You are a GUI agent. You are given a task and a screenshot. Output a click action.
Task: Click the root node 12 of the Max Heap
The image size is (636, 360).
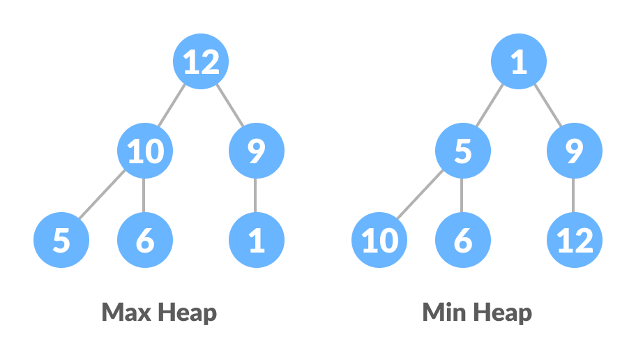(x=201, y=63)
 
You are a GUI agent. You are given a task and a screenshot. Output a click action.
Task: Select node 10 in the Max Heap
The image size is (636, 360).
(x=145, y=151)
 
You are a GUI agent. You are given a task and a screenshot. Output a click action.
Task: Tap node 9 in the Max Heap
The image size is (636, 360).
(x=257, y=151)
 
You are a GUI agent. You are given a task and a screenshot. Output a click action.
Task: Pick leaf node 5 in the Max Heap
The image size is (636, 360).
(x=61, y=241)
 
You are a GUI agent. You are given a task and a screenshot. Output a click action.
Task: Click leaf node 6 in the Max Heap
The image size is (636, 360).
(x=145, y=241)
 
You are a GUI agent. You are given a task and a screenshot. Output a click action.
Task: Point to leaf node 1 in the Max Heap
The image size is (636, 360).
(x=257, y=241)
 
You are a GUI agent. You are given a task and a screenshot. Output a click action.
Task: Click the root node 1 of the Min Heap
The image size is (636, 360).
(x=519, y=63)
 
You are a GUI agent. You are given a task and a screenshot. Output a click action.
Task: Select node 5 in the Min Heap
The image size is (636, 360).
(x=463, y=151)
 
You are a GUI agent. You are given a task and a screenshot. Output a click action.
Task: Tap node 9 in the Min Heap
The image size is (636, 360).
(x=574, y=151)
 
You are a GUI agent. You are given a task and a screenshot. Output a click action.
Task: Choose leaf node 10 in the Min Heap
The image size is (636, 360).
(x=379, y=241)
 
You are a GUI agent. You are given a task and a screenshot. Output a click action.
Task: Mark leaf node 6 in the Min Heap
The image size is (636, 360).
(x=463, y=241)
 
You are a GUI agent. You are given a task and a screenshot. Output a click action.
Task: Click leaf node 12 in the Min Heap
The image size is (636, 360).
(x=574, y=241)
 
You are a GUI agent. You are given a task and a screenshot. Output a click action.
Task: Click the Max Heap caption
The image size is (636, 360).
(x=159, y=312)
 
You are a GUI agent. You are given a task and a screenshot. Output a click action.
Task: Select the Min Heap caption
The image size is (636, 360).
(x=477, y=312)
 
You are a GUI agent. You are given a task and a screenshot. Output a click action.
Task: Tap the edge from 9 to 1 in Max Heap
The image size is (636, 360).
(x=257, y=196)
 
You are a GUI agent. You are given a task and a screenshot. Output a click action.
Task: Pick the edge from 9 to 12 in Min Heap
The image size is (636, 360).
(x=574, y=196)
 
